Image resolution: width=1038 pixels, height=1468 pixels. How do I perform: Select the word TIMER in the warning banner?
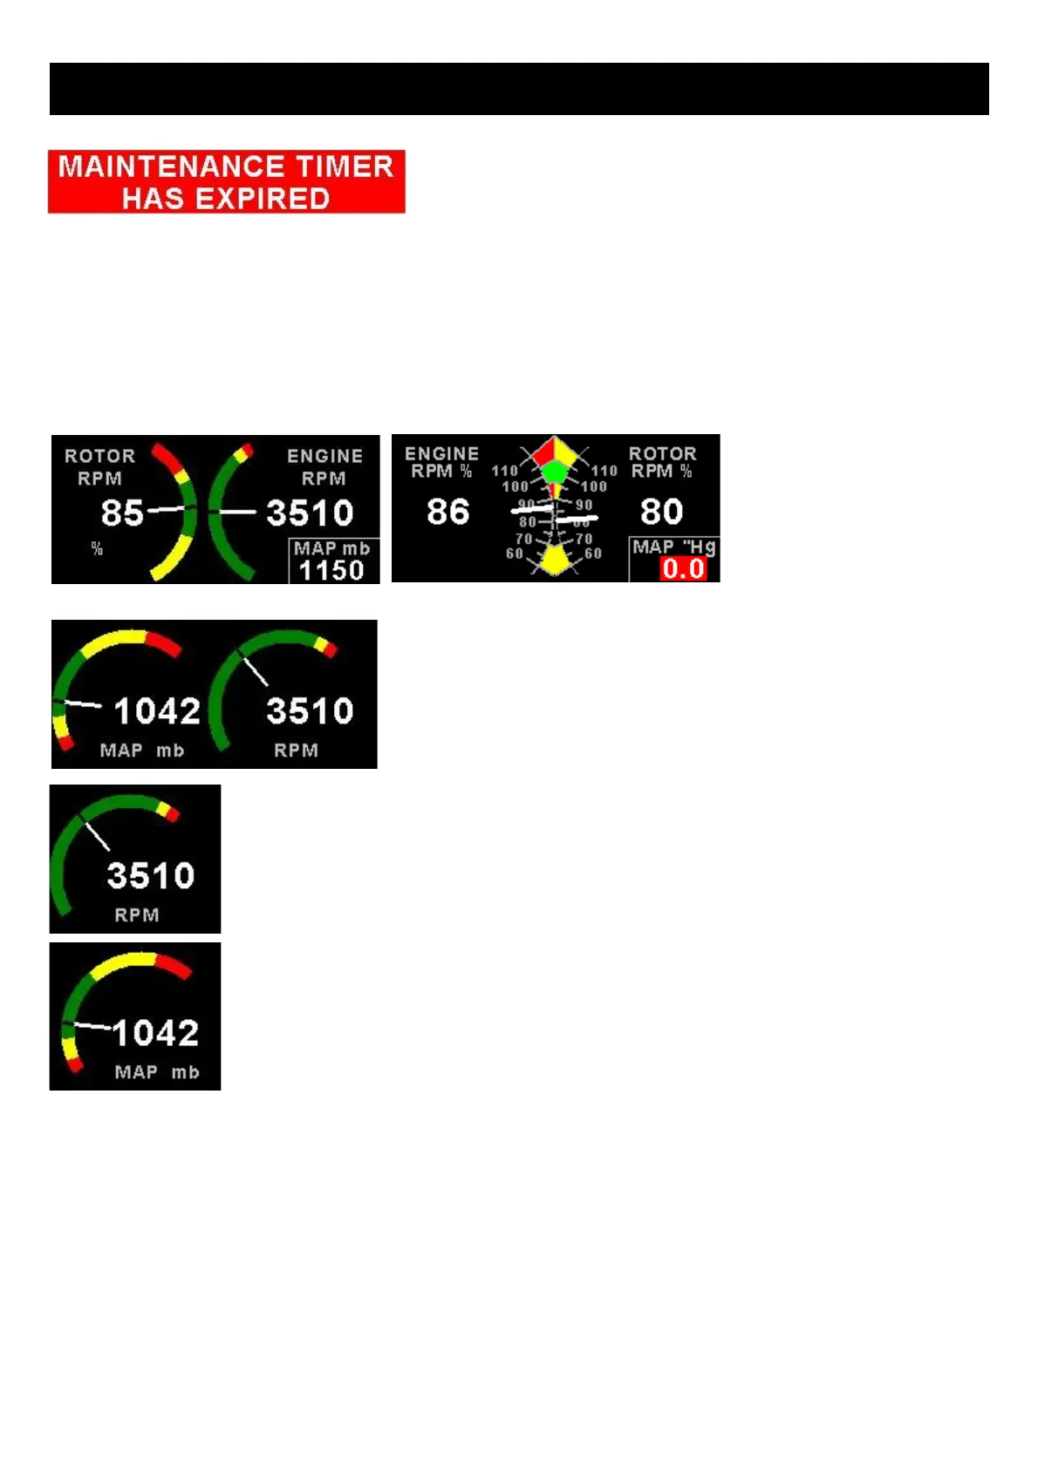(345, 166)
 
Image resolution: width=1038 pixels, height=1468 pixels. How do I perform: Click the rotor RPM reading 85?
(122, 513)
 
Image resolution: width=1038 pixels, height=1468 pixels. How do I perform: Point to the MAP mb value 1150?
(331, 570)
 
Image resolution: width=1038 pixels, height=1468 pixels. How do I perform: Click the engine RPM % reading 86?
(447, 512)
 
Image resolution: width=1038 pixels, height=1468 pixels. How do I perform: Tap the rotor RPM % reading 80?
(661, 512)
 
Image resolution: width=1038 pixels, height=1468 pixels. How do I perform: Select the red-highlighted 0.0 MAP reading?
(683, 569)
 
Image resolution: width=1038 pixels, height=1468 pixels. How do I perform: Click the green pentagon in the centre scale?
(555, 472)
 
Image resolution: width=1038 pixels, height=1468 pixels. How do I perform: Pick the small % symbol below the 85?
(97, 548)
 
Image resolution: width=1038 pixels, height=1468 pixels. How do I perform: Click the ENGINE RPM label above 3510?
(324, 466)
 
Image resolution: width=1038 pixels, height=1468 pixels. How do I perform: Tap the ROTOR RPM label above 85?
(99, 466)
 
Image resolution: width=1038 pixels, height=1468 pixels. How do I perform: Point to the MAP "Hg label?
(673, 547)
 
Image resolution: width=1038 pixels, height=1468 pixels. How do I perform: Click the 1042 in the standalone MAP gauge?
(155, 1033)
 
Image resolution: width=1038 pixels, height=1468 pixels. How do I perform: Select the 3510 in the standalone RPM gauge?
(150, 875)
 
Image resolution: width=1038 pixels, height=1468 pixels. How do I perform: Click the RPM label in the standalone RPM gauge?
(137, 914)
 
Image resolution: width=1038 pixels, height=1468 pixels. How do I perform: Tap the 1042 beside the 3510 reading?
(157, 711)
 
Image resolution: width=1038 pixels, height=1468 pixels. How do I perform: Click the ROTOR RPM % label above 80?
(662, 462)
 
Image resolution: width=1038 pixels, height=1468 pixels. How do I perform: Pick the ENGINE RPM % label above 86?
(441, 462)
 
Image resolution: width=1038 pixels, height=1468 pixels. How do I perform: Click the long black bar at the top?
(519, 89)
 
